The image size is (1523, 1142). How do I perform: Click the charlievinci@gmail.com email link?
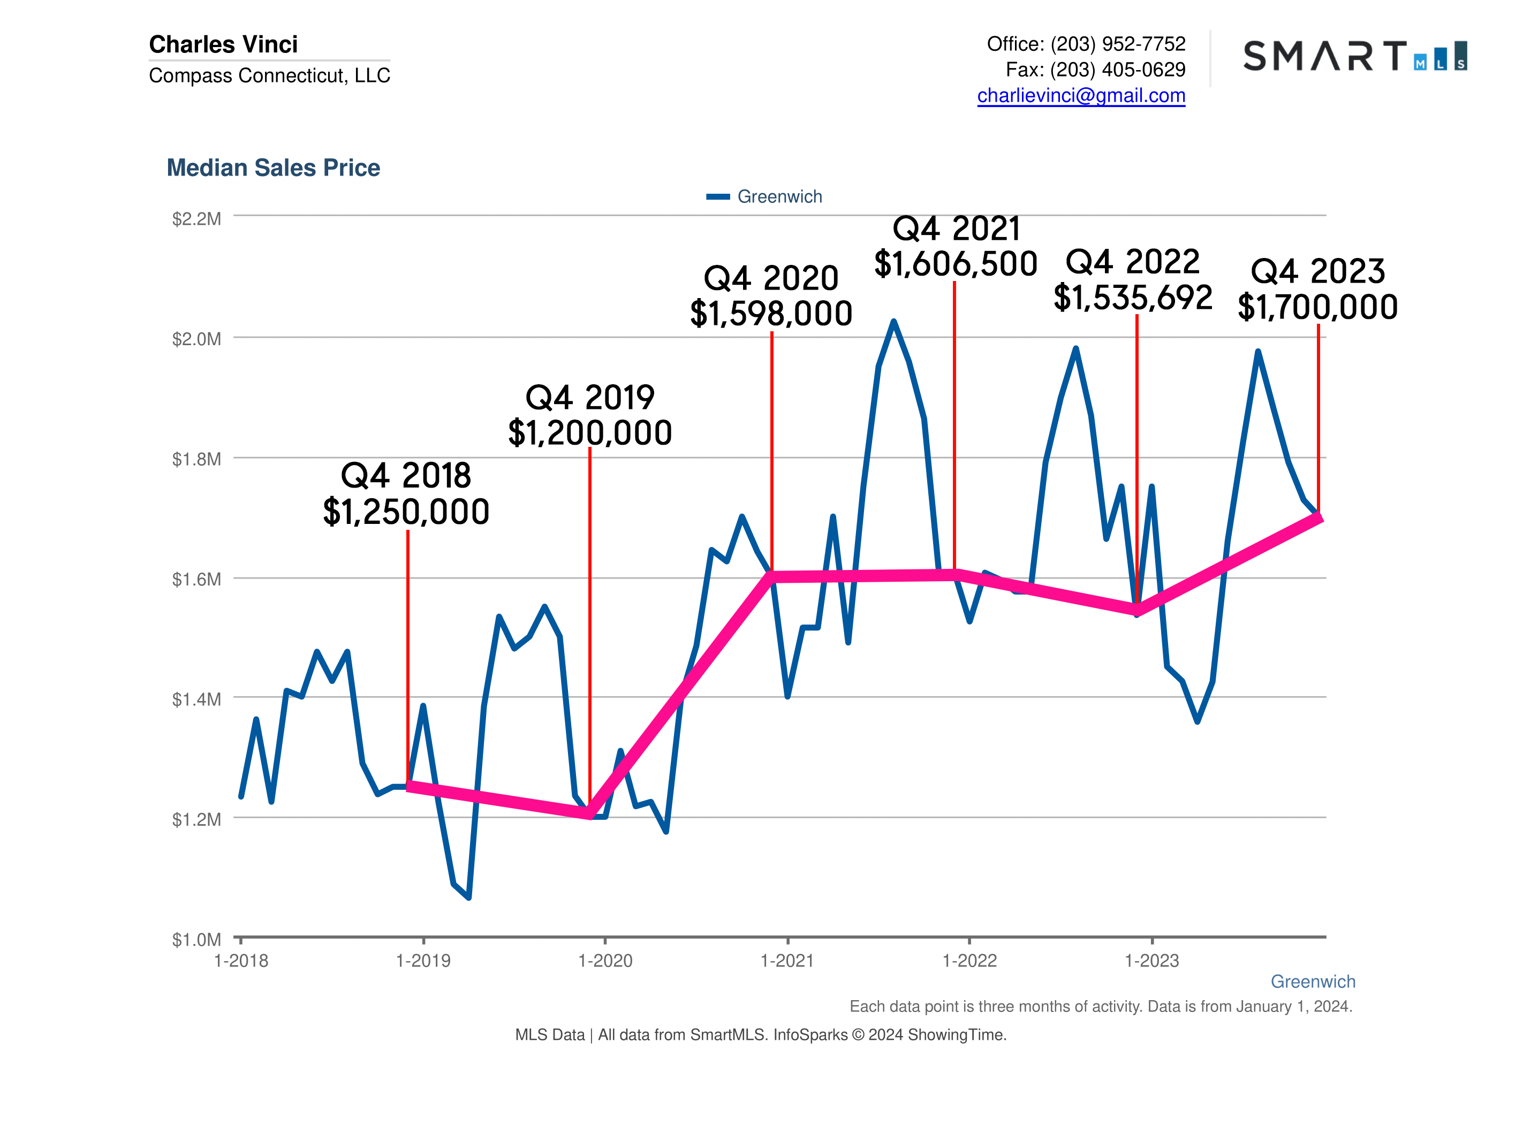click(1081, 96)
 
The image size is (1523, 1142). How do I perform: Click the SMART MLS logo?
click(1354, 56)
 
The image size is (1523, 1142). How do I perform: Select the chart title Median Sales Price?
click(274, 168)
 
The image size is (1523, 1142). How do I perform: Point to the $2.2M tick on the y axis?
click(196, 219)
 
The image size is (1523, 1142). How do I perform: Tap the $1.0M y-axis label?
click(196, 940)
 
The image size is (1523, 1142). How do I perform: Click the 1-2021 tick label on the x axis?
click(787, 961)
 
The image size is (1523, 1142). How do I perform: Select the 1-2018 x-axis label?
click(241, 961)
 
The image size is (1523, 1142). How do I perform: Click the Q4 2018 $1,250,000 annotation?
click(406, 493)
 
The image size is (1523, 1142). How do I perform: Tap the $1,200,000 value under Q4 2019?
click(590, 433)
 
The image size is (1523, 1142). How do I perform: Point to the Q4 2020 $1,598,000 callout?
click(771, 296)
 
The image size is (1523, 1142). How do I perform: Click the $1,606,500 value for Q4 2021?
click(956, 264)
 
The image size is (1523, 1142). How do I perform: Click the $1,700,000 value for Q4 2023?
click(1318, 307)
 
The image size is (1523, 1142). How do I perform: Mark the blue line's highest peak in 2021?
click(893, 322)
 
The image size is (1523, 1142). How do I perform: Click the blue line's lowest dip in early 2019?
click(468, 897)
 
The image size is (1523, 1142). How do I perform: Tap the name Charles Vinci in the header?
click(223, 44)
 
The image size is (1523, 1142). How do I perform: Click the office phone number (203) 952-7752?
click(1117, 44)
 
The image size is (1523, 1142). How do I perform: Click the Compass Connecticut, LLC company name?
click(269, 75)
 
